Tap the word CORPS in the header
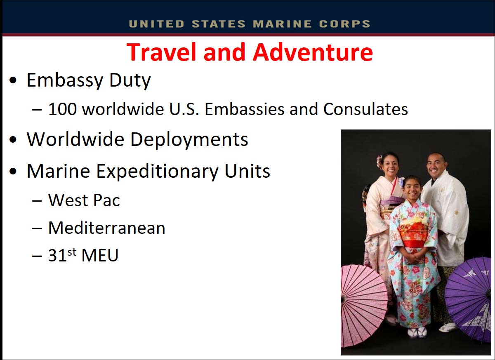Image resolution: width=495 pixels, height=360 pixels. pyautogui.click(x=345, y=24)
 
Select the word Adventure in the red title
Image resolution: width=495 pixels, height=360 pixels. pyautogui.click(x=313, y=52)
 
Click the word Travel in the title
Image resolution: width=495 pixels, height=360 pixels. pyautogui.click(x=161, y=52)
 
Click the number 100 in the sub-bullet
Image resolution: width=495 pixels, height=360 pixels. pyautogui.click(x=63, y=109)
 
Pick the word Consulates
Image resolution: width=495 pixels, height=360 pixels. pyautogui.click(x=365, y=109)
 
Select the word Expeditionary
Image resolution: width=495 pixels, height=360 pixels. pyautogui.click(x=157, y=172)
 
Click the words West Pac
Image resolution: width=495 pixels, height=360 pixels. pyautogui.click(x=84, y=200)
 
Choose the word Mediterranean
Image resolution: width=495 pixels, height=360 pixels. pyautogui.click(x=107, y=228)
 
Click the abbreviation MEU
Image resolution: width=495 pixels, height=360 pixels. pyautogui.click(x=100, y=255)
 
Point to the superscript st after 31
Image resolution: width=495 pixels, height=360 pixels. pyautogui.click(x=72, y=252)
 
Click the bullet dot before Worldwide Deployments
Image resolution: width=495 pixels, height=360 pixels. pyautogui.click(x=13, y=140)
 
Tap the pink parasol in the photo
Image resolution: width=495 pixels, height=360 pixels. pyautogui.click(x=363, y=306)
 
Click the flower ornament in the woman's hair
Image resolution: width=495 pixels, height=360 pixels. pyautogui.click(x=379, y=162)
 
